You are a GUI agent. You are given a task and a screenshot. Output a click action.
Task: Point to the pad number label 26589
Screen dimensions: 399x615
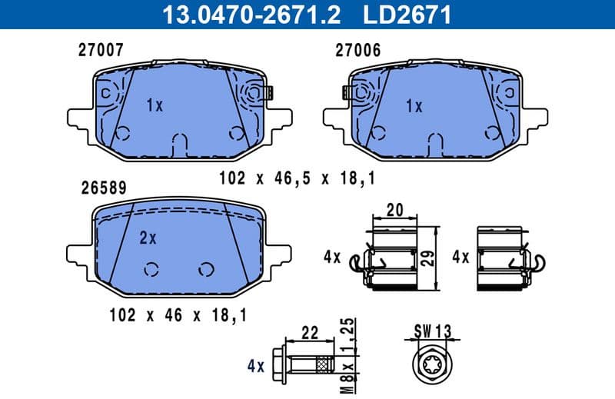pyautogui.click(x=102, y=187)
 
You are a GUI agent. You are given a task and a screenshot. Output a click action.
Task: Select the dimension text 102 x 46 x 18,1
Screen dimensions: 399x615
pyautogui.click(x=178, y=314)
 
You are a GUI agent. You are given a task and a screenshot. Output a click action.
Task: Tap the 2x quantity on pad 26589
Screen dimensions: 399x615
pyautogui.click(x=148, y=238)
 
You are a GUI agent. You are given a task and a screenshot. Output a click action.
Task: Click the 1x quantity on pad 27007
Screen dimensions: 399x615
pyautogui.click(x=155, y=105)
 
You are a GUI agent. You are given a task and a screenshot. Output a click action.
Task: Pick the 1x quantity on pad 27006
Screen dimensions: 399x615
pyautogui.click(x=414, y=105)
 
